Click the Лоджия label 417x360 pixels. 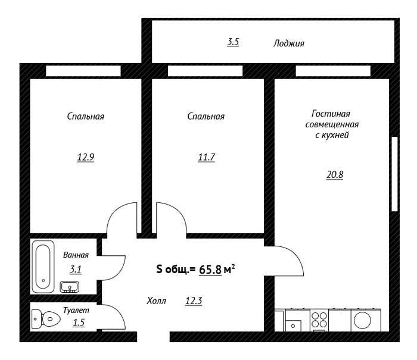click(x=288, y=43)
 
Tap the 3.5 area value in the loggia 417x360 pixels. click(x=233, y=42)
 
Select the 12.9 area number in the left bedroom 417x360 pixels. click(x=86, y=157)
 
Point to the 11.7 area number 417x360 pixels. click(x=206, y=157)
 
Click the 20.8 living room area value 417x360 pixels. click(x=335, y=174)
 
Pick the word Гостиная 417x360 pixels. click(x=331, y=114)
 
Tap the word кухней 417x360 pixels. click(x=335, y=135)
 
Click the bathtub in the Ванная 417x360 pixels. click(x=43, y=267)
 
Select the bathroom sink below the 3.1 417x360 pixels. click(x=70, y=287)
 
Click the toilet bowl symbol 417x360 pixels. click(x=46, y=319)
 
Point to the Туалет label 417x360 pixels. click(x=76, y=310)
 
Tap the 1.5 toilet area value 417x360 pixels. click(x=79, y=323)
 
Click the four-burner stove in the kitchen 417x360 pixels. click(x=319, y=320)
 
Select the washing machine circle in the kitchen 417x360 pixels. click(x=362, y=320)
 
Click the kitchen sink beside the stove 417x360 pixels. click(x=293, y=325)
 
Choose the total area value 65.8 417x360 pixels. click(x=210, y=270)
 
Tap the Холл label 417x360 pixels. click(x=156, y=300)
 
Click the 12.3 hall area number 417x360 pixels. click(x=194, y=300)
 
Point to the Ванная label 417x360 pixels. click(x=76, y=255)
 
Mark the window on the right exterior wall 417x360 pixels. click(x=394, y=174)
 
